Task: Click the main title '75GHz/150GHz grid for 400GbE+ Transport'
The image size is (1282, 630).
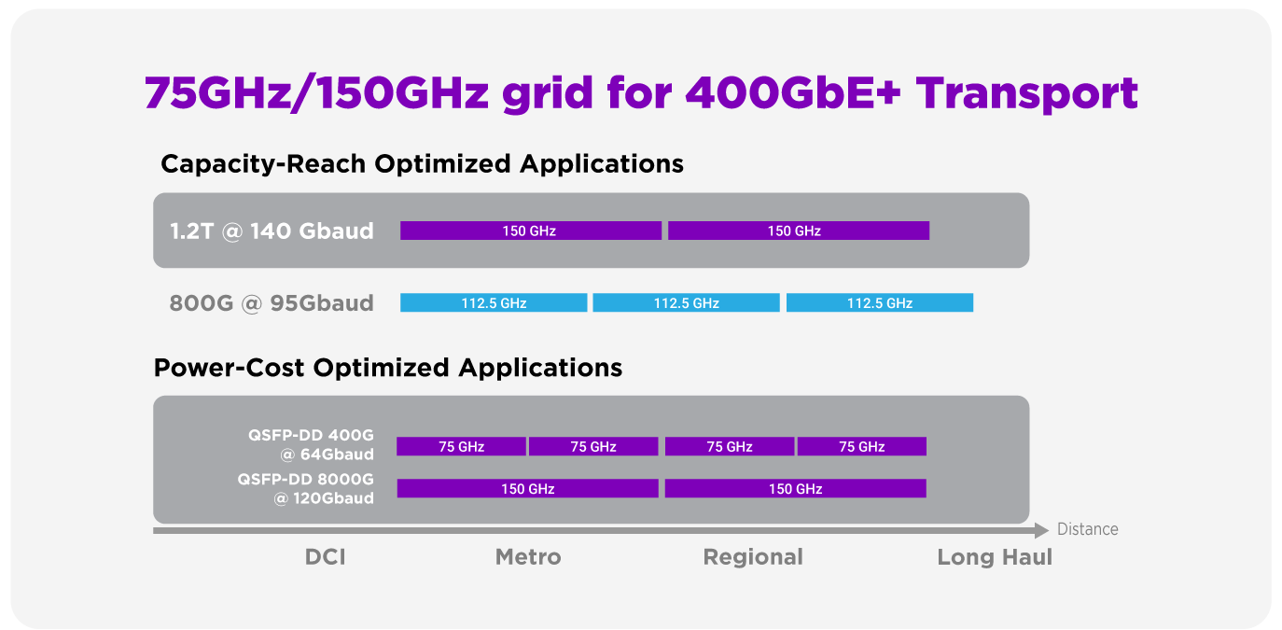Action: click(x=641, y=92)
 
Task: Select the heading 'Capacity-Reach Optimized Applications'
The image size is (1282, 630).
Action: click(x=423, y=164)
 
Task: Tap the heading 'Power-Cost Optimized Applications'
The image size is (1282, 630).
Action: click(x=388, y=368)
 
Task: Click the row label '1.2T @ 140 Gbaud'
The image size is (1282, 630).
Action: click(x=272, y=231)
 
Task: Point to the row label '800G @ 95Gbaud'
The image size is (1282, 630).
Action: click(x=272, y=303)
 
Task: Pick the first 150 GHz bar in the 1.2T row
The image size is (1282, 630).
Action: click(x=531, y=231)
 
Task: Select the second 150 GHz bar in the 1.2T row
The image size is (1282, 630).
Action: click(x=799, y=231)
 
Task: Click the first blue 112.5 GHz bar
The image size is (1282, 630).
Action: click(x=494, y=302)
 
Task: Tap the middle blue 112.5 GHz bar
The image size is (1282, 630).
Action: click(x=686, y=302)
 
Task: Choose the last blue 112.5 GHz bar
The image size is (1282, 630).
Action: click(x=880, y=302)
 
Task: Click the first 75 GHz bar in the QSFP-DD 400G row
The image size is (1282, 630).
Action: click(x=461, y=446)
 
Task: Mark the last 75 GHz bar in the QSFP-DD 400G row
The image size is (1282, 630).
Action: click(x=862, y=446)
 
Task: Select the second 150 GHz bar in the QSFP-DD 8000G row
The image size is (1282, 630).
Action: click(x=796, y=488)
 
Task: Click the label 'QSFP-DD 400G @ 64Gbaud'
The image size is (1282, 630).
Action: click(x=311, y=444)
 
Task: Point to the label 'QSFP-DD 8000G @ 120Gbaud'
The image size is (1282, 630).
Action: click(x=306, y=488)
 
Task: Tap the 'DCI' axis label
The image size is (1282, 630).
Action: click(x=325, y=556)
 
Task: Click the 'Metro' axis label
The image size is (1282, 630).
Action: click(x=528, y=556)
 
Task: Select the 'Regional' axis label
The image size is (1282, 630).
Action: click(x=753, y=557)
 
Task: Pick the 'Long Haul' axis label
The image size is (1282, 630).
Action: click(x=995, y=557)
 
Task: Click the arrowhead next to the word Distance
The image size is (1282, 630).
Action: click(x=1041, y=530)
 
